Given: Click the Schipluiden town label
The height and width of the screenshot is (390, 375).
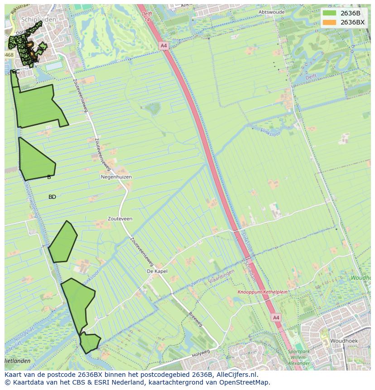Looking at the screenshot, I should point(38,20).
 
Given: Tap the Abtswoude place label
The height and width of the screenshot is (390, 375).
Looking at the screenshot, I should point(271,12).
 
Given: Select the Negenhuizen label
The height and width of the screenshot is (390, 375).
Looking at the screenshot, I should point(116,177).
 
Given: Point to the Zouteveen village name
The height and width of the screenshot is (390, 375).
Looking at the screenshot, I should point(120,219).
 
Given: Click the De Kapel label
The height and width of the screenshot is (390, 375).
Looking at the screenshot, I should point(157,271).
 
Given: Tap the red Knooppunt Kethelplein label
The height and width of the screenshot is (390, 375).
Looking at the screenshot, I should point(263,292).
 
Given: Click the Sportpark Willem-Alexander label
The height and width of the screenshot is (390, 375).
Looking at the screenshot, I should point(299,357).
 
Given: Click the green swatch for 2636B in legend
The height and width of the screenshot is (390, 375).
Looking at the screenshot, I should point(330,14).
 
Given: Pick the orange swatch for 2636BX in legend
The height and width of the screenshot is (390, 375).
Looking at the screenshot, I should point(330,22).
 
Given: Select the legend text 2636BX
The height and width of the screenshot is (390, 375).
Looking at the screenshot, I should point(352,22).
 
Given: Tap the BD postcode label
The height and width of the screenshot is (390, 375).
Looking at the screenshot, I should point(52,197).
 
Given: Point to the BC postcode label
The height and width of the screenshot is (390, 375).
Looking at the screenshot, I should point(16,72).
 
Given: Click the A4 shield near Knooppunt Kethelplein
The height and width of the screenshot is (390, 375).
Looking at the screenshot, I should point(276,318).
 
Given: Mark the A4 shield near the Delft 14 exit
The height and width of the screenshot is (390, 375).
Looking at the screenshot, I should point(163,46).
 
